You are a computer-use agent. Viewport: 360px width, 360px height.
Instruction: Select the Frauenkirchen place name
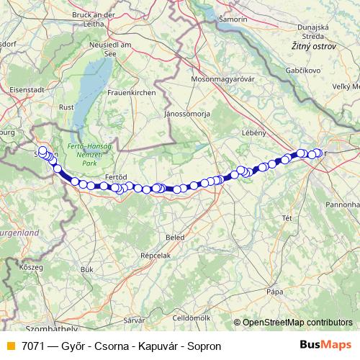pos(130,92)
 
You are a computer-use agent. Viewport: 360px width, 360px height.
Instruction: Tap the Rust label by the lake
pos(66,107)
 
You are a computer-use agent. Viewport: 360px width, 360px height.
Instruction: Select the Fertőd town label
pos(116,176)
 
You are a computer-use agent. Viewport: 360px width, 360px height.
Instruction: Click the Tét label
pos(286,217)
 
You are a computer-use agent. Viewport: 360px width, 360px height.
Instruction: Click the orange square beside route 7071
pos(10,346)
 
